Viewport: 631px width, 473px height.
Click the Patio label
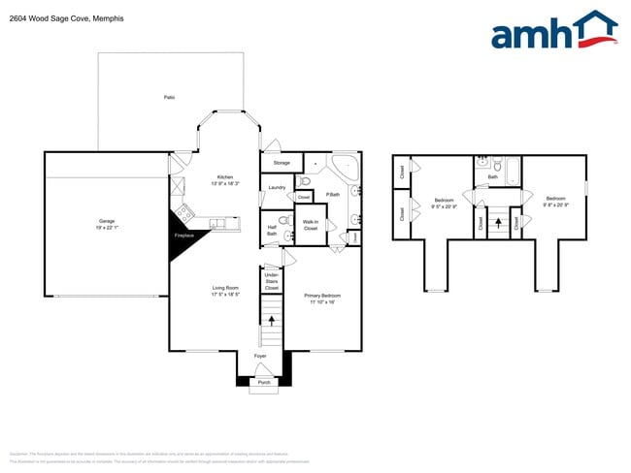[169, 98]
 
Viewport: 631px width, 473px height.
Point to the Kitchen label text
[225, 176]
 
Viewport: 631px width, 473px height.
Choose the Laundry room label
[276, 187]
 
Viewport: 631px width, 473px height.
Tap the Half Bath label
[272, 231]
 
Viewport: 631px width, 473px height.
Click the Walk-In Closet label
[311, 225]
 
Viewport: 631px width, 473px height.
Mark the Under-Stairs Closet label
[272, 281]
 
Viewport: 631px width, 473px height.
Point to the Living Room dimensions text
[226, 294]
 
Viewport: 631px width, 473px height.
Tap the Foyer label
[261, 356]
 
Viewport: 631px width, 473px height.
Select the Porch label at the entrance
[263, 383]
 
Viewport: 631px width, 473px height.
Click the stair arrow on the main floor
[271, 318]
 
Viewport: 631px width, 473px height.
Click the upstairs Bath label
[493, 176]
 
